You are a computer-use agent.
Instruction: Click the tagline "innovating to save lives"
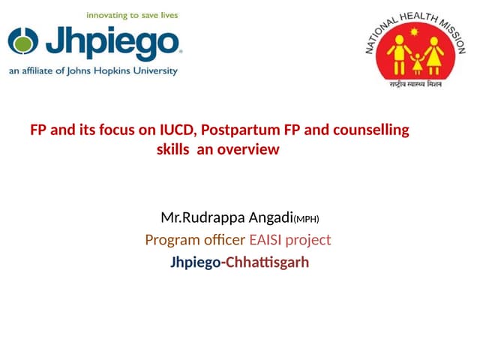131,14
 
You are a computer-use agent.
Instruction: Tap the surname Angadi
271,218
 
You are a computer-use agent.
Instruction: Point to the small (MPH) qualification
306,220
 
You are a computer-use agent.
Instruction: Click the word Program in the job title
169,241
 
